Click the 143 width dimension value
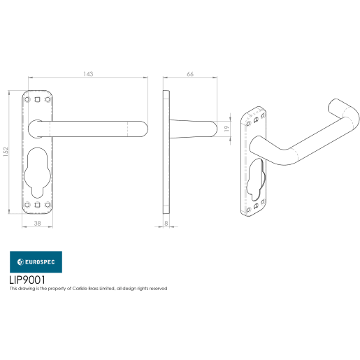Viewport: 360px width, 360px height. [x=88, y=73]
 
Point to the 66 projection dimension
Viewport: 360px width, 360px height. [x=190, y=73]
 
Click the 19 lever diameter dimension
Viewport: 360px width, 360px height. [x=226, y=129]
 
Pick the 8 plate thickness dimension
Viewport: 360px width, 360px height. [x=166, y=223]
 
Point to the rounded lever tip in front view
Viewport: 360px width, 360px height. [x=142, y=129]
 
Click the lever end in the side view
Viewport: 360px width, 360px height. [x=213, y=129]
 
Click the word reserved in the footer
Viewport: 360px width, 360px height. [x=157, y=289]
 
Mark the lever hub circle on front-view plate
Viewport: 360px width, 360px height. [x=39, y=128]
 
